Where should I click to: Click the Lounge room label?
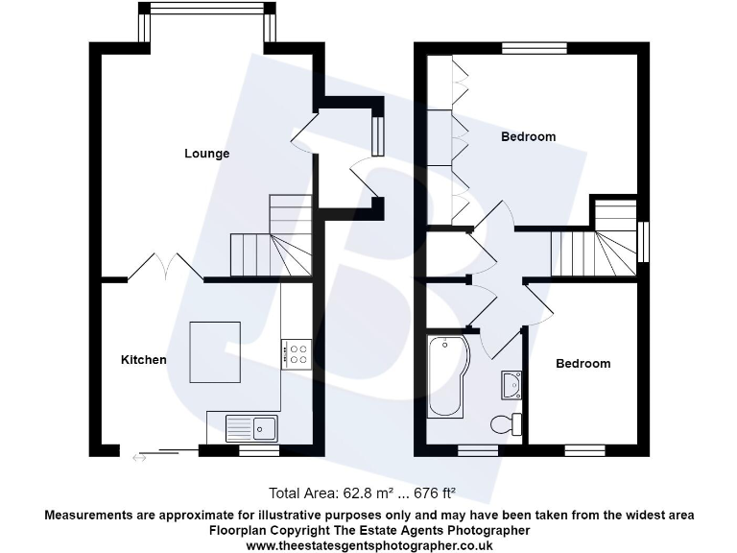point(207,154)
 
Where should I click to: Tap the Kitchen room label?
point(143,360)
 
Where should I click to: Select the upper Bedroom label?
point(528,136)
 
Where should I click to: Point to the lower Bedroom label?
point(582,364)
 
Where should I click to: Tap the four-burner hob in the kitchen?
point(296,354)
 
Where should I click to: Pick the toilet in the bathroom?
point(506,423)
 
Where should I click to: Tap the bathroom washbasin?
point(511,385)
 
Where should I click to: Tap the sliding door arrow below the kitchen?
point(140,459)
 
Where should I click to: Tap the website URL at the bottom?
point(369,544)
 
